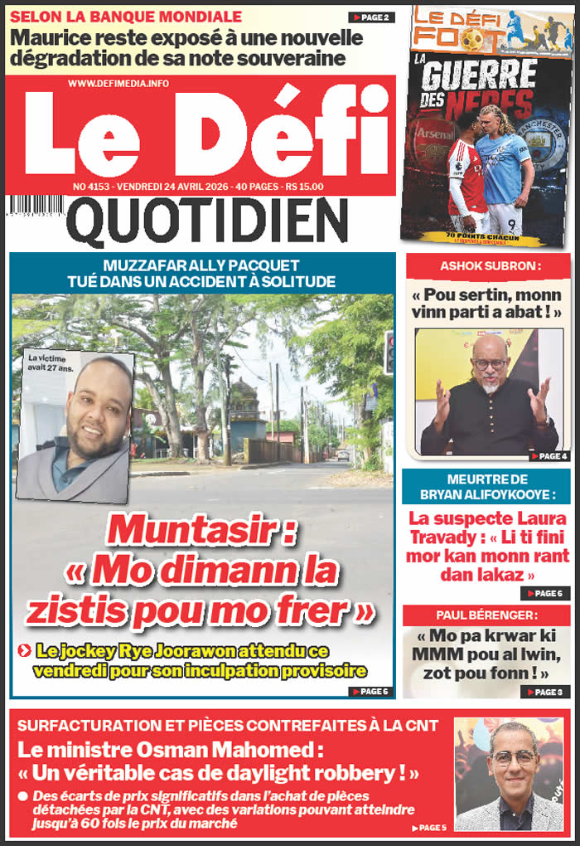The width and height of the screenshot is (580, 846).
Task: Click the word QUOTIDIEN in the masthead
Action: [x=206, y=223]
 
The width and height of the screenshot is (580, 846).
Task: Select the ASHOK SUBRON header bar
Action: [x=486, y=266]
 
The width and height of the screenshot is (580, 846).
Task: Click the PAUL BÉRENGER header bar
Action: [x=486, y=615]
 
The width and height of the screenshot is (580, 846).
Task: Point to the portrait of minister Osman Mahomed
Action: [x=510, y=776]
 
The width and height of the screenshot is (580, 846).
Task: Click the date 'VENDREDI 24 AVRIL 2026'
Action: [x=175, y=187]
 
